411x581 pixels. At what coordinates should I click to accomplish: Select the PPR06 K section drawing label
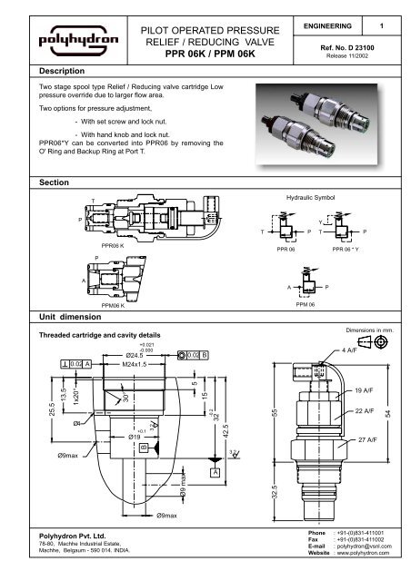114,245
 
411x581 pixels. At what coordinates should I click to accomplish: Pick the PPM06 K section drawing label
114,309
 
